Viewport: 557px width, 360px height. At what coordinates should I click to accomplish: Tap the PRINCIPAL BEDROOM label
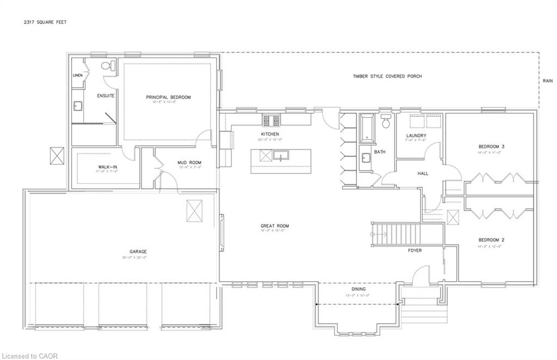point(168,97)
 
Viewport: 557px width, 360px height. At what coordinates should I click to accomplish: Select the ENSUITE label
point(106,96)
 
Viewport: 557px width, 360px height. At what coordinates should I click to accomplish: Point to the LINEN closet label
point(77,76)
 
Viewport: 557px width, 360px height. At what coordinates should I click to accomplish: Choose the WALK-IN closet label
point(108,167)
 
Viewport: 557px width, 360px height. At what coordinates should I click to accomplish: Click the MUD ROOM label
point(190,163)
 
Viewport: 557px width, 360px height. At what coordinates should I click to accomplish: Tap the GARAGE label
point(138,251)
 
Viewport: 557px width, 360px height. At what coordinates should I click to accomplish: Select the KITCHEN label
point(270,134)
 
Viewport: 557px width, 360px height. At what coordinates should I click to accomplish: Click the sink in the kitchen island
point(281,156)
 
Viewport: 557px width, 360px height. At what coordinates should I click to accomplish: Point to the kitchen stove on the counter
point(271,119)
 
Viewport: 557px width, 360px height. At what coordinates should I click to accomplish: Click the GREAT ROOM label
point(274,226)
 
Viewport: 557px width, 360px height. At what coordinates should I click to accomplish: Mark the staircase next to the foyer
point(397,234)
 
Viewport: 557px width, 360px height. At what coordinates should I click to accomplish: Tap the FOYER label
point(415,251)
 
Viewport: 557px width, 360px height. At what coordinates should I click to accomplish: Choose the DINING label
point(358,289)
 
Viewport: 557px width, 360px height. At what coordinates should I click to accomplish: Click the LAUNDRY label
point(416,135)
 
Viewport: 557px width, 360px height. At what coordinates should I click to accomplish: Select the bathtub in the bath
point(366,127)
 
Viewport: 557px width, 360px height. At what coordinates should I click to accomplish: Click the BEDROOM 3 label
point(491,147)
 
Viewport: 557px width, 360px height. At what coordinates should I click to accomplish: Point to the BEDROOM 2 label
point(491,240)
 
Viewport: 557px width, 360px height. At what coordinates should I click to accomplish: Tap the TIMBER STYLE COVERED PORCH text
point(387,77)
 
